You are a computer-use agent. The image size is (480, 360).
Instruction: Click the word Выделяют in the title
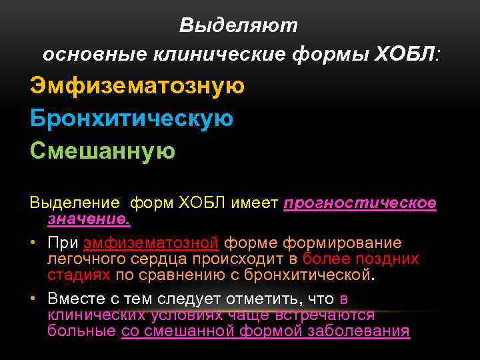click(238, 25)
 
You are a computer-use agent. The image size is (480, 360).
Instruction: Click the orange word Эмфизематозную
click(137, 86)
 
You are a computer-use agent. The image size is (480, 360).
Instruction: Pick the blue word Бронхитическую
click(131, 119)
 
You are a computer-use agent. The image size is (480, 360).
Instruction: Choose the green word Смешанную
click(103, 151)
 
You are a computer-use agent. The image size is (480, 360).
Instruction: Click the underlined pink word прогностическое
click(360, 203)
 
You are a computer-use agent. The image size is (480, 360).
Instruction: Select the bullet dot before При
click(33, 243)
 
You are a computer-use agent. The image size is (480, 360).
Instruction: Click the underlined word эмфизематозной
click(151, 243)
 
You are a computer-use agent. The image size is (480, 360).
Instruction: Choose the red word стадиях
click(79, 274)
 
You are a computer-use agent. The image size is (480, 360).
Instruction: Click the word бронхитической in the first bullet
click(311, 274)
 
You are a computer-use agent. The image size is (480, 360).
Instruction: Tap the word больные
click(82, 331)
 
